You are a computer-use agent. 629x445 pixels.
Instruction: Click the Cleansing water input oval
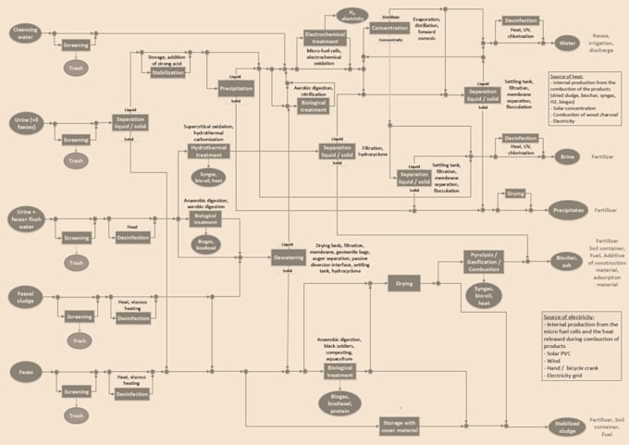click(23, 33)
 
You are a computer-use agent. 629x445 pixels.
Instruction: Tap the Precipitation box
click(237, 89)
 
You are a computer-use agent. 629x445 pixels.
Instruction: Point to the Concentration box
click(389, 29)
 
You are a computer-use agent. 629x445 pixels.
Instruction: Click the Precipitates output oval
click(568, 210)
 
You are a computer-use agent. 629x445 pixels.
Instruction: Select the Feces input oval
click(23, 372)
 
